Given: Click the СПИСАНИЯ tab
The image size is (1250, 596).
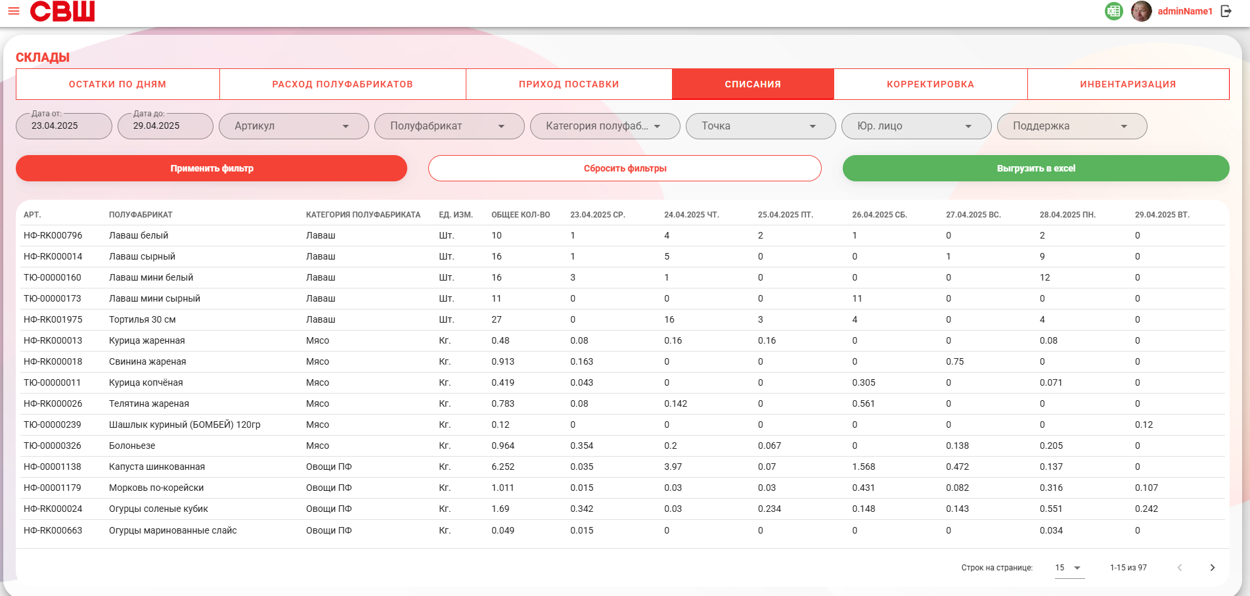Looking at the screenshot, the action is click(x=753, y=84).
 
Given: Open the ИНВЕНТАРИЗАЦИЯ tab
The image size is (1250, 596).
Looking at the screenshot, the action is click(x=1128, y=84).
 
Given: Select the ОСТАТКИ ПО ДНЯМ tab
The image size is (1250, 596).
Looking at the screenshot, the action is click(x=118, y=84).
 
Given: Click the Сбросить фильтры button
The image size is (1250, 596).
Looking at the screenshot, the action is click(x=625, y=168).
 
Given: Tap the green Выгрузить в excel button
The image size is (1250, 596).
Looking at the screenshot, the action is click(x=1036, y=168).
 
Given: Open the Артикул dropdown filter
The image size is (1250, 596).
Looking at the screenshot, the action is click(x=294, y=126).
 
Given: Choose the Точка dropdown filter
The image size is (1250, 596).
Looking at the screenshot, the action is click(x=761, y=126).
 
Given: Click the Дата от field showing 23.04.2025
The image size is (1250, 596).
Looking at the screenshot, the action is click(x=64, y=126).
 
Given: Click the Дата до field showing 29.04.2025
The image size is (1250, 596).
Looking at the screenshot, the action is click(x=166, y=126).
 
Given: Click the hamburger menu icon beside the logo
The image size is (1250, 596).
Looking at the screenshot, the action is click(x=14, y=11).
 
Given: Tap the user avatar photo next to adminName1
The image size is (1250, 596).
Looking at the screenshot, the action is click(x=1142, y=11).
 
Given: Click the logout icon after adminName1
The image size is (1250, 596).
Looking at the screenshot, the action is click(x=1226, y=11).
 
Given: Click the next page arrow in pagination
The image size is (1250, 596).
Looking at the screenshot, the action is click(x=1213, y=568).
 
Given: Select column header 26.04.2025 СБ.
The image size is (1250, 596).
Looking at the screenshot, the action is click(x=880, y=215).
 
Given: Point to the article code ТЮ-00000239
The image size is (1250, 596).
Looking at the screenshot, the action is click(x=53, y=424).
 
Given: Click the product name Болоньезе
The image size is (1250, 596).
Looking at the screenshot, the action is click(x=132, y=446).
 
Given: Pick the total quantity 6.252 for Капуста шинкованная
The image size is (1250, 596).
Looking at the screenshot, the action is click(x=503, y=467).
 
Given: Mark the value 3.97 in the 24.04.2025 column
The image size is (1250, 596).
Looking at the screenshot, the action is click(x=673, y=467).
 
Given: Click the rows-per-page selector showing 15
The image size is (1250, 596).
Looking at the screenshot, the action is click(x=1069, y=568).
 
